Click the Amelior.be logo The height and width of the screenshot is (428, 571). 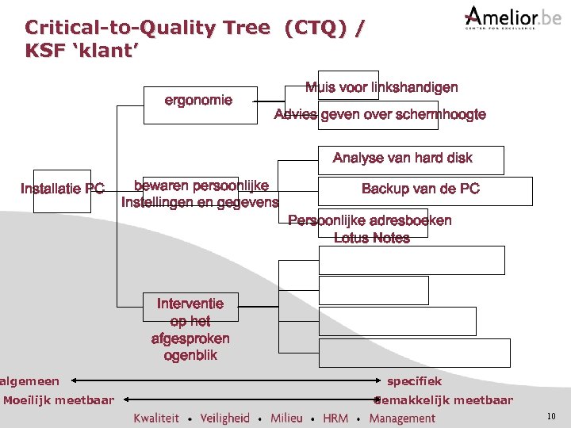coord(512,17)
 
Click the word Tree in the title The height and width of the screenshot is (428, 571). coord(246,29)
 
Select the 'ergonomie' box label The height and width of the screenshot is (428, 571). coord(198,101)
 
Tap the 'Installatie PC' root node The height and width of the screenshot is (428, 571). coord(62,189)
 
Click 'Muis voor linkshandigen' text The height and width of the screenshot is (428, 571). coord(381,88)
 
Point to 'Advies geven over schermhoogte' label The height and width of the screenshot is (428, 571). coord(379,115)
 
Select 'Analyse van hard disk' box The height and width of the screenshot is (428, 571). coord(402,159)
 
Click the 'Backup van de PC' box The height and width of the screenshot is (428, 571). coord(420,189)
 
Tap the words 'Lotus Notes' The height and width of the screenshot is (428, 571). coord(371,238)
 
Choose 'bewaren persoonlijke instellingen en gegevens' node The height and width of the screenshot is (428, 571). coord(200,194)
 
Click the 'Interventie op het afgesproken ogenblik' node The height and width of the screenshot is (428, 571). coord(190,329)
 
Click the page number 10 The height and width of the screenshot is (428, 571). coord(551,417)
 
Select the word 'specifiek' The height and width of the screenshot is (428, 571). coord(414,381)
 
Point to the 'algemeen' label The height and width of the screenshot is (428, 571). coord(29,381)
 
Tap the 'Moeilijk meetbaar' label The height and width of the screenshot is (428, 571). coord(58,400)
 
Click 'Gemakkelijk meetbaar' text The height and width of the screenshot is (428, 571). coord(443,400)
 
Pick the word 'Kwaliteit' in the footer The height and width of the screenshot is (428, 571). coord(156,418)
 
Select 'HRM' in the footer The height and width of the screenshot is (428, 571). coord(335,418)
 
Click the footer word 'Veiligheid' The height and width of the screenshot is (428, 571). coord(224,418)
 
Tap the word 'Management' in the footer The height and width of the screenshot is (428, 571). coord(402,418)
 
